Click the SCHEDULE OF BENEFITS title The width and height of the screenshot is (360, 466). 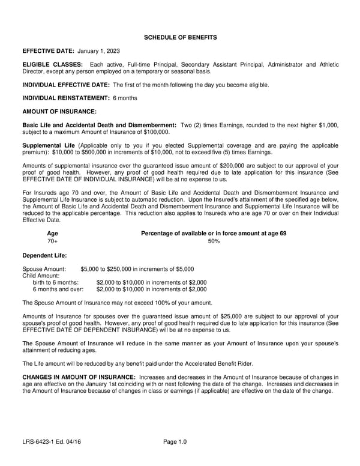tap(180, 38)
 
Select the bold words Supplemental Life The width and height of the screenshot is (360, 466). tap(49, 145)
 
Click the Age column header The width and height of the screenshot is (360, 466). tap(52, 233)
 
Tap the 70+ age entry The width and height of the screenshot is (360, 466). tap(52, 241)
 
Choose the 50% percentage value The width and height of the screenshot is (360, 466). tap(213, 241)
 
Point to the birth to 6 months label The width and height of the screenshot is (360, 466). tap(55, 282)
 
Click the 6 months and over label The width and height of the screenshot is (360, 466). tap(58, 289)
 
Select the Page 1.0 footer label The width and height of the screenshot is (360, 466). tap(175, 443)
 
